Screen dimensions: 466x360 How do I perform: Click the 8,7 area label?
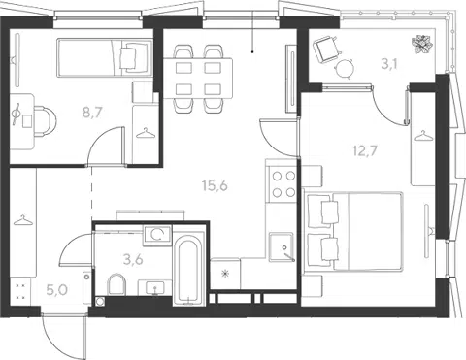[x=92, y=113]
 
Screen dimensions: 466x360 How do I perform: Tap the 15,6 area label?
[x=215, y=185]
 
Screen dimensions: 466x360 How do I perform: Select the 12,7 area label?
[x=366, y=150]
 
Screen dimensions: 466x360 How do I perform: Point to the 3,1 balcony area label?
[x=389, y=64]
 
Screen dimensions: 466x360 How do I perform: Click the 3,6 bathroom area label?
[x=133, y=259]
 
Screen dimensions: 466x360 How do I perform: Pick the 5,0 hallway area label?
[x=57, y=290]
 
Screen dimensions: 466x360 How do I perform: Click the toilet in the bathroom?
[x=116, y=284]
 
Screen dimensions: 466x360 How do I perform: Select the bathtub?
[x=189, y=270]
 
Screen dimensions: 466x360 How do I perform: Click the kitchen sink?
[x=282, y=246]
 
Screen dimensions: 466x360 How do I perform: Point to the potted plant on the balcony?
[x=422, y=44]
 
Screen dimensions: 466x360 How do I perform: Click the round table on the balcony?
[x=345, y=69]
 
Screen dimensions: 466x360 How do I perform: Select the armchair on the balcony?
[x=327, y=49]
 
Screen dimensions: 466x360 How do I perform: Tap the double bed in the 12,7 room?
[x=353, y=231]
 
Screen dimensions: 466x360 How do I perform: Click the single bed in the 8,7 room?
[x=105, y=58]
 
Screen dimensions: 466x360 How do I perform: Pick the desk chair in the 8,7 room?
[x=45, y=121]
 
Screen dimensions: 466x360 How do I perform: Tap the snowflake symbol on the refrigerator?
[x=225, y=275]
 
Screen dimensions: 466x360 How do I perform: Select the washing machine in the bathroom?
[x=157, y=235]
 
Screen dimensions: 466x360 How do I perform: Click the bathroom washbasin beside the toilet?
[x=155, y=287]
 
